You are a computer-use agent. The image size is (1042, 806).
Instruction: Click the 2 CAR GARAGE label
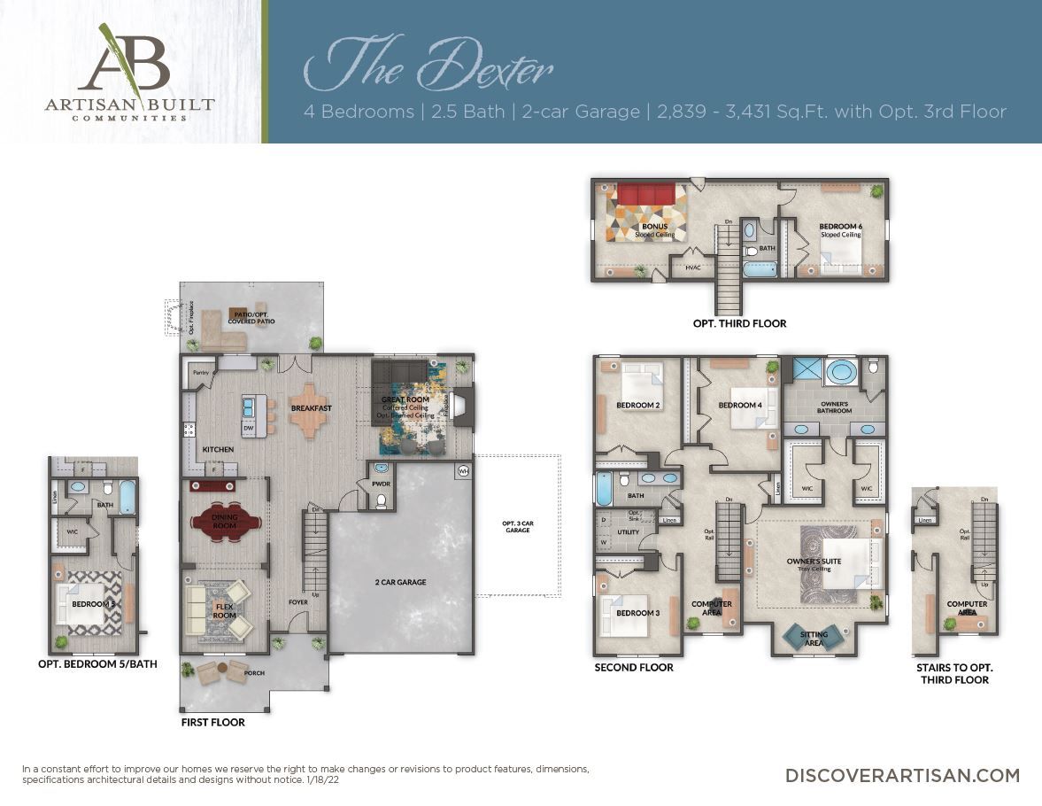click(400, 582)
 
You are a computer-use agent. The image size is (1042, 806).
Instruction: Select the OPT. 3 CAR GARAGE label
click(518, 525)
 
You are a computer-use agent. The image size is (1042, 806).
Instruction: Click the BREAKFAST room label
click(311, 408)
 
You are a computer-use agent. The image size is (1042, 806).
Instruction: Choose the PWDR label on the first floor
click(381, 484)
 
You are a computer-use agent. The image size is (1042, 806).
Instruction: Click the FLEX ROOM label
click(225, 610)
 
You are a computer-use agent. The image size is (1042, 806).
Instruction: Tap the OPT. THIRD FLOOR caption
click(739, 324)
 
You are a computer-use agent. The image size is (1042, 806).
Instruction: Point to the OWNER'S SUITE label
click(814, 562)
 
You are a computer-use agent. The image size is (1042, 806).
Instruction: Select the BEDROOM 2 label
click(637, 406)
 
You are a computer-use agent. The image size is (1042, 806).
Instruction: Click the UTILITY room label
click(629, 532)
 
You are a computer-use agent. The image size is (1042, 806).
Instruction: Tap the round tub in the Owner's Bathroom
click(839, 371)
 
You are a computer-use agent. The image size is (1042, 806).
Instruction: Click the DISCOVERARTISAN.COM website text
click(902, 775)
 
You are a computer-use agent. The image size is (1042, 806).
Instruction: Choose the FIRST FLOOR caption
click(212, 722)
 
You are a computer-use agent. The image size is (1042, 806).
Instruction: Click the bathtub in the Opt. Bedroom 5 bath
click(127, 496)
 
